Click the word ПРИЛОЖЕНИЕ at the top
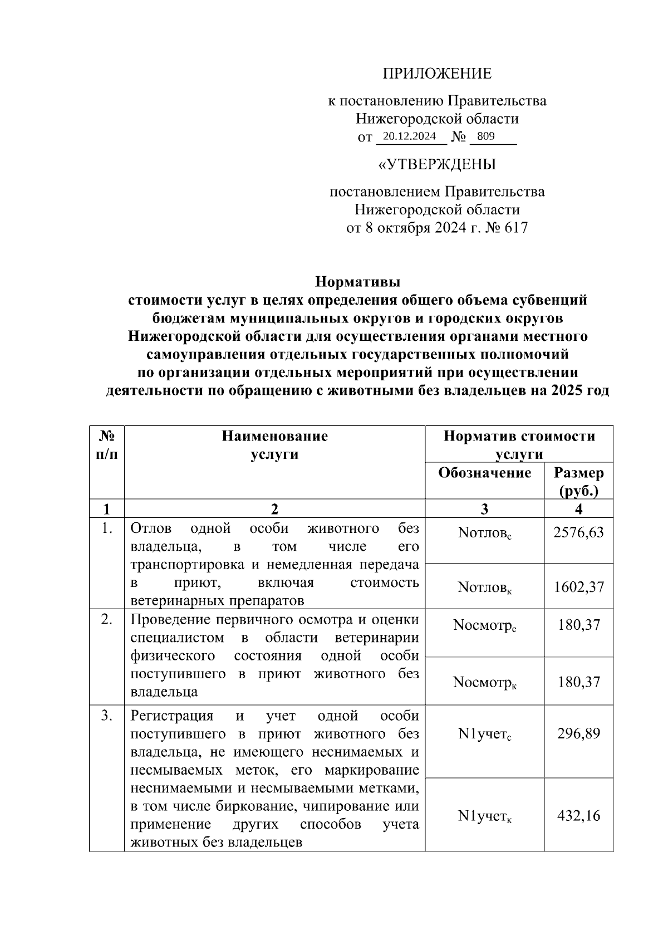pos(437,74)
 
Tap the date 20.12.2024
pos(410,136)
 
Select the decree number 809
pos(485,136)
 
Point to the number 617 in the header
pos(515,228)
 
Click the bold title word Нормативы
pos(358,282)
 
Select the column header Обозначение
pos(484,473)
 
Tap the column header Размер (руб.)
pos(579,481)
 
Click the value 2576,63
pos(578,533)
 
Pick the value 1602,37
pos(578,587)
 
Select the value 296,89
pos(578,733)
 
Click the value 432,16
pos(578,816)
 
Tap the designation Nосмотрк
pos(484,683)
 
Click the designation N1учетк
pos(484,816)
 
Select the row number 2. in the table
pos(107,620)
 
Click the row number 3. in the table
pos(107,716)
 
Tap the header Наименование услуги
pos(274,445)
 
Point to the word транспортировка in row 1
pos(187,565)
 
